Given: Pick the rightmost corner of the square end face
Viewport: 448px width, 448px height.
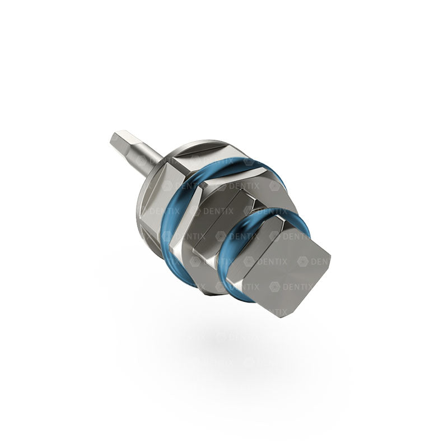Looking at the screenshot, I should click(330, 259).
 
